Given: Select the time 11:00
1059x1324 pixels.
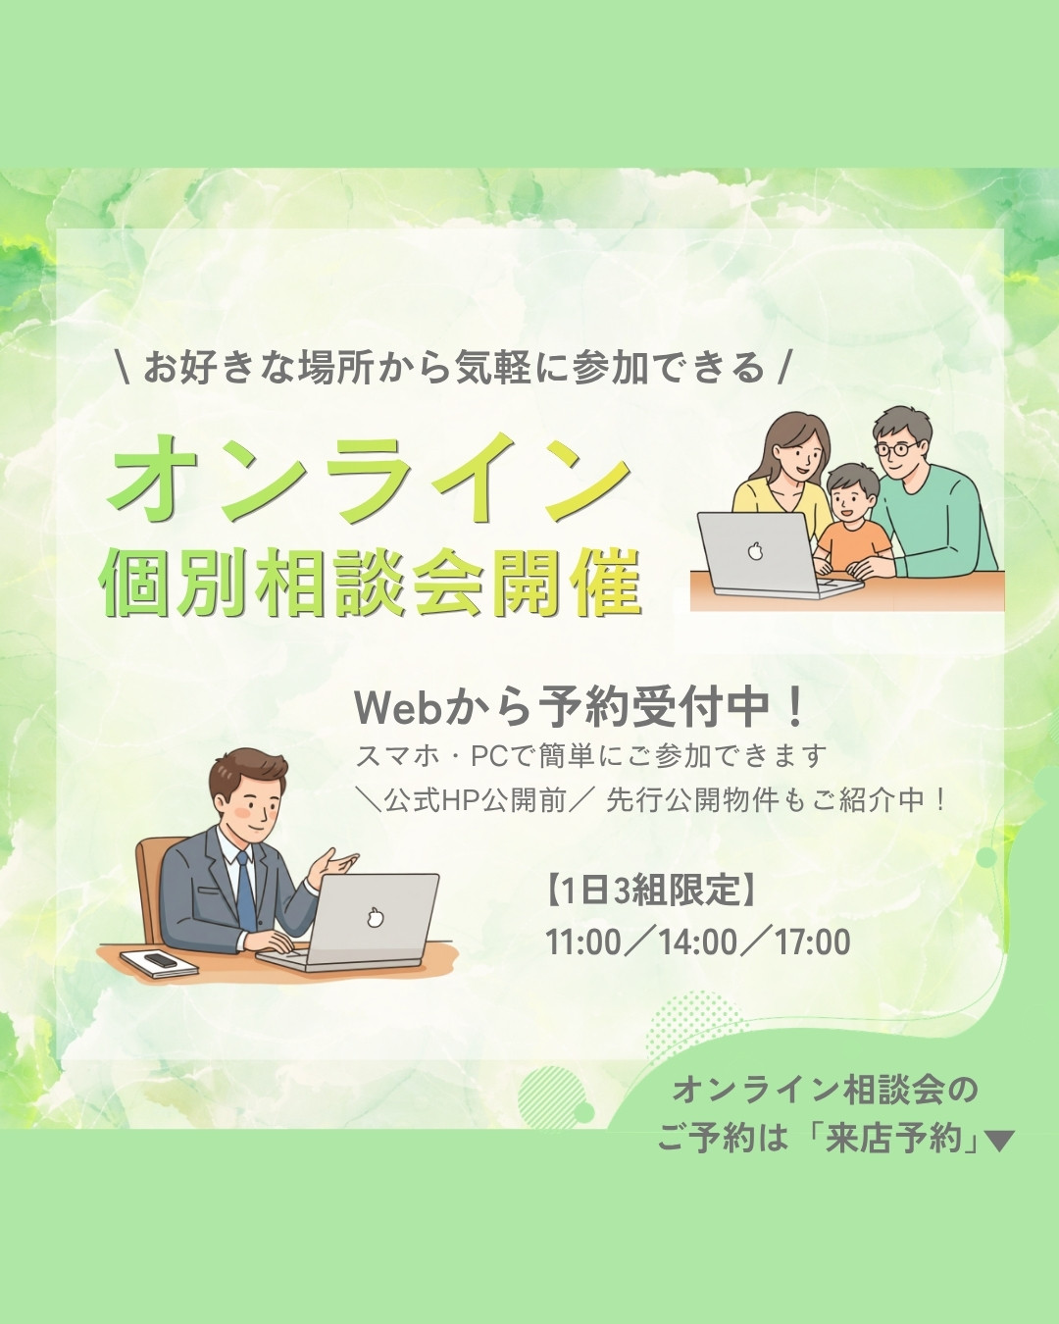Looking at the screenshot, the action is pyautogui.click(x=582, y=942).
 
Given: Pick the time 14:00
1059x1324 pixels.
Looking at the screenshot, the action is pyautogui.click(x=698, y=942).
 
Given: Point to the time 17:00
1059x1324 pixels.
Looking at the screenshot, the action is pyautogui.click(x=812, y=942).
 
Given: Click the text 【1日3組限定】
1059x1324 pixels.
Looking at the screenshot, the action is pyautogui.click(x=650, y=890).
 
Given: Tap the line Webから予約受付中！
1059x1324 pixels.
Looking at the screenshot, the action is pyautogui.click(x=579, y=708).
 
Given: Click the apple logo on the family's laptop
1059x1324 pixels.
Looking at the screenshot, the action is pyautogui.click(x=755, y=550).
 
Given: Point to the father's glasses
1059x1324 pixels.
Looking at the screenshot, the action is pyautogui.click(x=897, y=447).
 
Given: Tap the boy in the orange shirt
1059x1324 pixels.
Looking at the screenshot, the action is pyautogui.click(x=852, y=520).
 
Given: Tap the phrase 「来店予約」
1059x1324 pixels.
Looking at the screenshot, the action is pyautogui.click(x=894, y=1139).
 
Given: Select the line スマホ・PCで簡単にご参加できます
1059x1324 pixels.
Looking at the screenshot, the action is pyautogui.click(x=590, y=756).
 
